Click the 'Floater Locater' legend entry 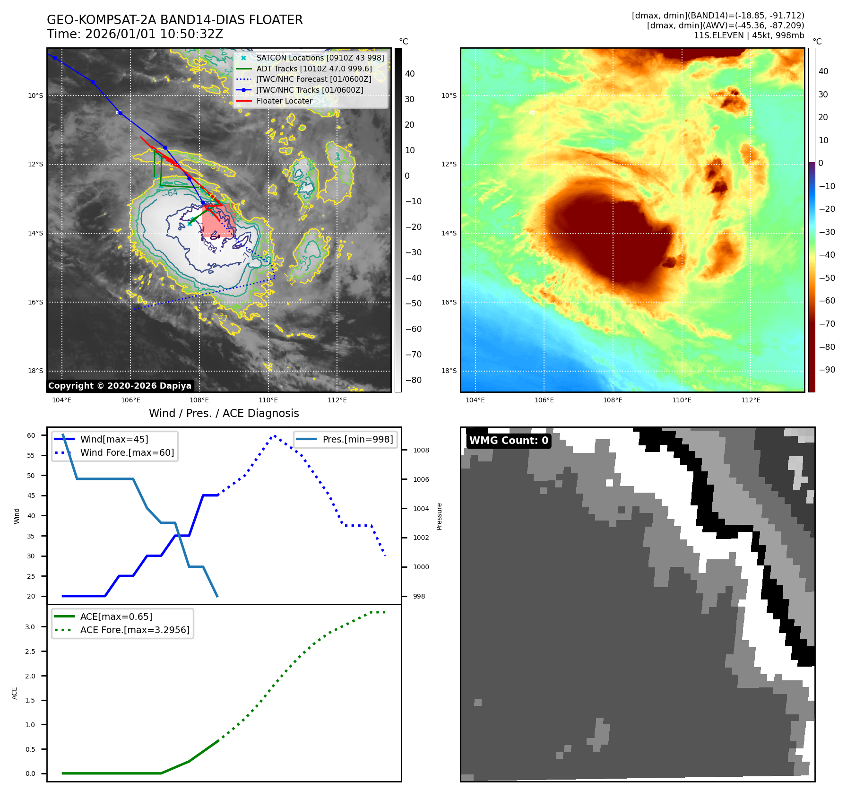coord(284,101)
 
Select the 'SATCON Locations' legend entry coord(320,58)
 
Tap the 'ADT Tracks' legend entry coord(314,69)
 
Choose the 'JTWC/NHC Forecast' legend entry coord(313,79)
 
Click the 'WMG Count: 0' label coord(509,441)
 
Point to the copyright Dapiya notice coord(120,386)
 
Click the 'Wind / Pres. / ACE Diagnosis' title coord(224,413)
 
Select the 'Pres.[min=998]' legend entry coord(357,439)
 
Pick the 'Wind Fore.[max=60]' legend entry coord(127,452)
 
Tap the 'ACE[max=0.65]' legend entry coord(116,617)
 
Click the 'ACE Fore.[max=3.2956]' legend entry coord(135,630)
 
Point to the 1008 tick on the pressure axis coord(421,450)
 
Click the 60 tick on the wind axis coord(31,435)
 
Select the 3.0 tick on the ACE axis coord(30,627)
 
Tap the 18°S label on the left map coord(35,371)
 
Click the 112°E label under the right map coord(751,400)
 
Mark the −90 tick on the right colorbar coord(827,370)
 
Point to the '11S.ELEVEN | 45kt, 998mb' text coord(749,35)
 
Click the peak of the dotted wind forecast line coord(274,435)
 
